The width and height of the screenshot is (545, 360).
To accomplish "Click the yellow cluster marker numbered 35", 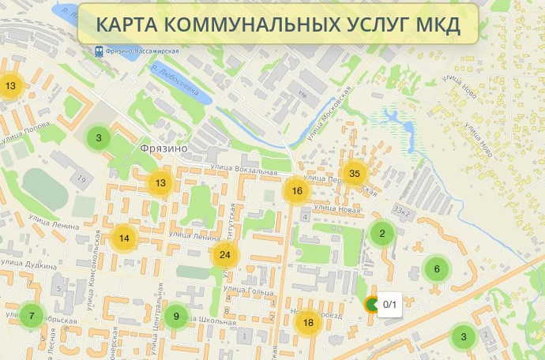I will coord(354,174).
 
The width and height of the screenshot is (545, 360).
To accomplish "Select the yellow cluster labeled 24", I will coord(225,254).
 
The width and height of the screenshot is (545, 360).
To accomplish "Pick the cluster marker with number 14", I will coord(124,238).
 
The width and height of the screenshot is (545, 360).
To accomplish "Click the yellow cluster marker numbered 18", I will coord(308,321).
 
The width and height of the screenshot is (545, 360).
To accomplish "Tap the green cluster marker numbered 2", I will coord(382,233).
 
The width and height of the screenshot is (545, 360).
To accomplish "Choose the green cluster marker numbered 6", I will coord(436,268).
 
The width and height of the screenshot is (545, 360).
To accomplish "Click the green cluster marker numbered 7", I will coord(32,316).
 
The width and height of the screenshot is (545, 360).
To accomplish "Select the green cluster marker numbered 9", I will coord(176,317).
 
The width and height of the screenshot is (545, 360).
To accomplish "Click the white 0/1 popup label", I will coord(389,304).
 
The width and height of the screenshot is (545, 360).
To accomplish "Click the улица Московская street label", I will coord(326,112).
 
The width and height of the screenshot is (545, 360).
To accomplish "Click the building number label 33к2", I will coord(404,210).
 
